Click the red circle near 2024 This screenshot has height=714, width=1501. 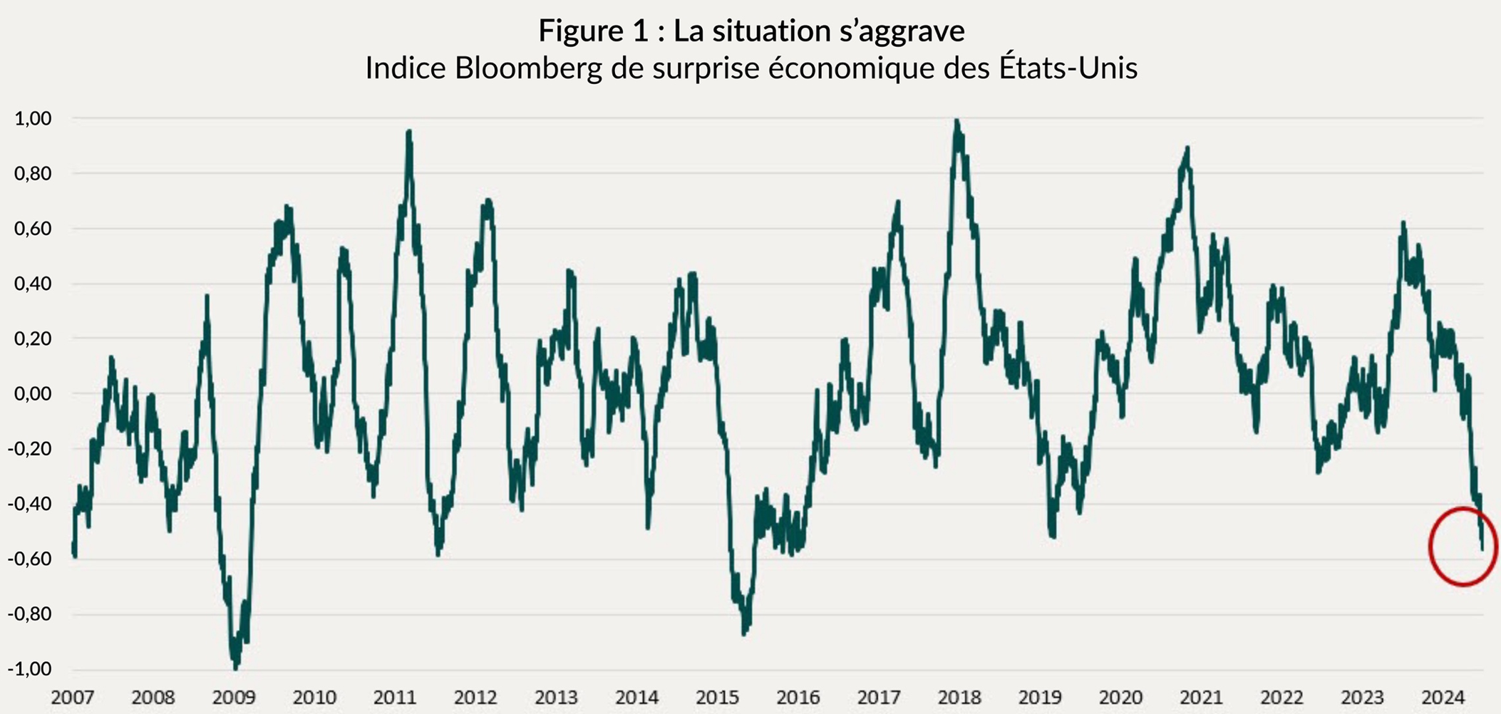coord(1463,547)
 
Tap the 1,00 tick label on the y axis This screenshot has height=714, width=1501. coord(33,118)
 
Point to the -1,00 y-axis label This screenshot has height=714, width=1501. coord(30,669)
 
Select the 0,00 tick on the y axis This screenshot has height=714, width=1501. coord(33,393)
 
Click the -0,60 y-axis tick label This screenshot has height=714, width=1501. coord(30,559)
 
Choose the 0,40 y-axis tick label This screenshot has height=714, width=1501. coord(33,284)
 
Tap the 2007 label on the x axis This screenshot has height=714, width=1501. coord(73,697)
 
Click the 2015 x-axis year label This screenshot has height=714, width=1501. coord(717,697)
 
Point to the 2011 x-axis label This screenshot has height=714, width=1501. coord(395,697)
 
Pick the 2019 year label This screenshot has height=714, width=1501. coord(1040,697)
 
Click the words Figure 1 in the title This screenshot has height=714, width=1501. coord(594,31)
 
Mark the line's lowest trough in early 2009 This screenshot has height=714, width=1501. coord(236,667)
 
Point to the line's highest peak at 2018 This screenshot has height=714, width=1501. coord(956,121)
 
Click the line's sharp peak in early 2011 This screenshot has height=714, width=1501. coord(409,132)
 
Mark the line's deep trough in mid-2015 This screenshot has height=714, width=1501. coord(745,632)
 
